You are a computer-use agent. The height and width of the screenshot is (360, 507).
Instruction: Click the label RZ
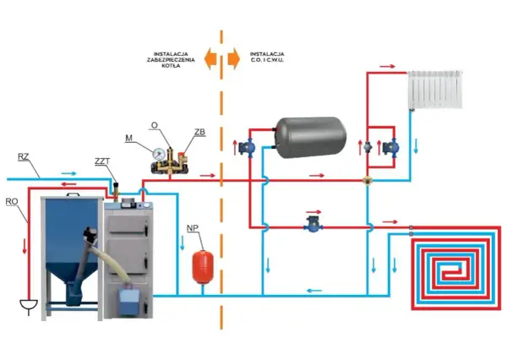(24, 157)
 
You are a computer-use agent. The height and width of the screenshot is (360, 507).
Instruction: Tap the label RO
(12, 201)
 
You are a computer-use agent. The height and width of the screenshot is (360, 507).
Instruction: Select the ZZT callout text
(102, 161)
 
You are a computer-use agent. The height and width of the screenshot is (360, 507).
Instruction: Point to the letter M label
(129, 138)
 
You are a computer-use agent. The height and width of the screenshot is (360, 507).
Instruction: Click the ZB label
(199, 132)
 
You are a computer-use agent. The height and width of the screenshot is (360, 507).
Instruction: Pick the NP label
(193, 228)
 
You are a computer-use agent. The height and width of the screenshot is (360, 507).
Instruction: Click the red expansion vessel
(203, 266)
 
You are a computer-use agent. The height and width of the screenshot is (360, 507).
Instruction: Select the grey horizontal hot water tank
(310, 138)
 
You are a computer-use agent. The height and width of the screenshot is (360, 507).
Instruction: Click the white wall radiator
(435, 90)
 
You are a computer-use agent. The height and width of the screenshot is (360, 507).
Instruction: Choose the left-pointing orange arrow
(210, 59)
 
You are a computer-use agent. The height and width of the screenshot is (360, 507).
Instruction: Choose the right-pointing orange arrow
(233, 59)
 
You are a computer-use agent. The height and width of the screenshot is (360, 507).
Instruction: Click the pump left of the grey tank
(247, 148)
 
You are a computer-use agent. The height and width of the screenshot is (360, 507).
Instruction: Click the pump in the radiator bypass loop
(390, 148)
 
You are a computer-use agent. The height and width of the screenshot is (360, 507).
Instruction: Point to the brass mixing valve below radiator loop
(368, 181)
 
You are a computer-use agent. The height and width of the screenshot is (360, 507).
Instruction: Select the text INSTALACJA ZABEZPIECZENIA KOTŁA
(171, 60)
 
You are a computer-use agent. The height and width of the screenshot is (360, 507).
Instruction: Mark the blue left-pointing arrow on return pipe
(314, 291)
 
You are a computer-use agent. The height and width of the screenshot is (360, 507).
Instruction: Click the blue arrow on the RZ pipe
(69, 173)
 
